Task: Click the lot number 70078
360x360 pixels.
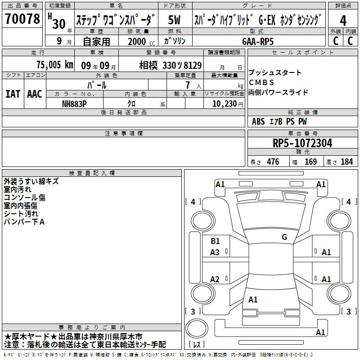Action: [x=22, y=18]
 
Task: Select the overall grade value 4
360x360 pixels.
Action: [x=343, y=20]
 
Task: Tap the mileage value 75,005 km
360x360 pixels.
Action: [x=55, y=65]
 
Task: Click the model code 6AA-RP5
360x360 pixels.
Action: [x=258, y=41]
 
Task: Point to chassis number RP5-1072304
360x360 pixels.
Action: [x=302, y=143]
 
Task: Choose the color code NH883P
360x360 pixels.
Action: [x=74, y=104]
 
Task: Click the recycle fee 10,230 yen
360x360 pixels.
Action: [x=228, y=104]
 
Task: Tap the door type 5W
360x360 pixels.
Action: [x=174, y=20]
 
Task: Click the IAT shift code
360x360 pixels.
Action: [x=13, y=94]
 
